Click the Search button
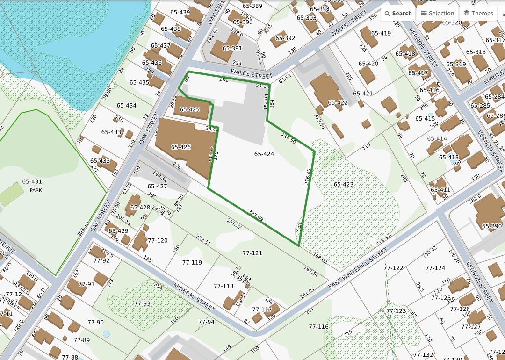(x=398, y=13)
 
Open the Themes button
(x=478, y=13)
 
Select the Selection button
(x=438, y=13)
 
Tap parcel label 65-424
(x=264, y=154)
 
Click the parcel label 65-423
(x=344, y=184)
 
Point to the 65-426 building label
(x=181, y=147)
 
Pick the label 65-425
(x=190, y=109)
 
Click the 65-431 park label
(x=32, y=182)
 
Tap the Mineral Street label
(x=194, y=297)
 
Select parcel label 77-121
(x=252, y=253)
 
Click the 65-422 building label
(x=338, y=102)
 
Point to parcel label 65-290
(x=492, y=226)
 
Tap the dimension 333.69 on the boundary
(x=256, y=216)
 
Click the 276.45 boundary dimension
(x=308, y=177)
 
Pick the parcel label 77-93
(x=143, y=303)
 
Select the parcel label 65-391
(x=232, y=48)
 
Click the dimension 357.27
(x=234, y=223)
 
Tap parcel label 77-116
(x=319, y=326)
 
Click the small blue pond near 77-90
(x=106, y=334)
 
